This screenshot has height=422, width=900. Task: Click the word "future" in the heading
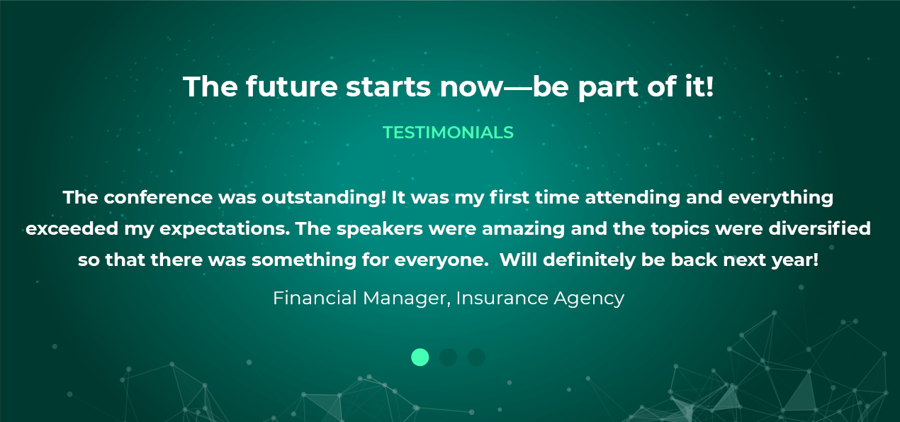pos(292,87)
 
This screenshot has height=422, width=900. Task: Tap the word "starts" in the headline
pos(388,87)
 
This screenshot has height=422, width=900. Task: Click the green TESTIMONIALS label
pos(448,133)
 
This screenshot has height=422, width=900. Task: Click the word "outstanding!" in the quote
pos(324,197)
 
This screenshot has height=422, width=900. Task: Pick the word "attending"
pos(632,197)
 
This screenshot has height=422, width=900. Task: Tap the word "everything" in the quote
pos(781,197)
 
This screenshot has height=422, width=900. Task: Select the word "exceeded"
pos(72,228)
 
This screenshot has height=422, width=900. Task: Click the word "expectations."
pos(225,229)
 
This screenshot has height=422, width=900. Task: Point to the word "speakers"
pos(380,229)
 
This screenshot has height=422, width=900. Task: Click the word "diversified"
pos(820,228)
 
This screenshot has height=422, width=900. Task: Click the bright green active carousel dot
pos(420,357)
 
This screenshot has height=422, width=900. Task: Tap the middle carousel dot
pos(448,357)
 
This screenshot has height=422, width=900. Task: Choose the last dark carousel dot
pos(476,357)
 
